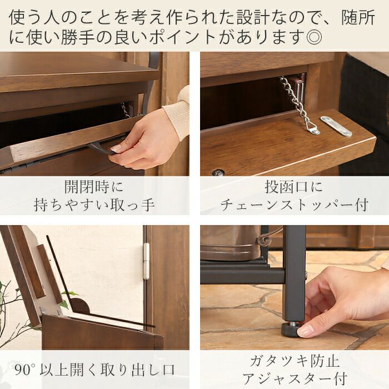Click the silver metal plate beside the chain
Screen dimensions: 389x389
[336, 126]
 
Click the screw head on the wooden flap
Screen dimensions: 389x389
[218, 172]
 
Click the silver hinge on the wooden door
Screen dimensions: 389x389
[147, 261]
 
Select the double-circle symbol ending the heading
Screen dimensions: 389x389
[315, 37]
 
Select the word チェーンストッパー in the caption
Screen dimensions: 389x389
[286, 206]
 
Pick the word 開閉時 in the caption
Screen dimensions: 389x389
[87, 187]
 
